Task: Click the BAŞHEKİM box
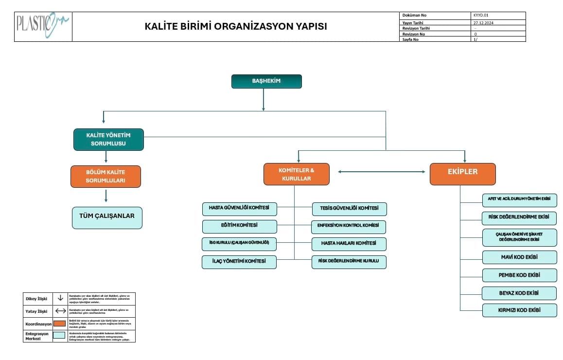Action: coord(266,81)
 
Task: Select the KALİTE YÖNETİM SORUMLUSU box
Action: coord(108,139)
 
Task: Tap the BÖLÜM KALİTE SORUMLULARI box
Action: coord(106,176)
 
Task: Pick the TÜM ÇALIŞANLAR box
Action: coord(107,217)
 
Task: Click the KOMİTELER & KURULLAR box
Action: coord(296,174)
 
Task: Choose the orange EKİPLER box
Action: coord(462,174)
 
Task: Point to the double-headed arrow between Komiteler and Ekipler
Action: coord(382,172)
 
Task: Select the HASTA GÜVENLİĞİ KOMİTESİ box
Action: coord(239,209)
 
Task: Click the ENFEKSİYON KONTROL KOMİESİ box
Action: coord(349,227)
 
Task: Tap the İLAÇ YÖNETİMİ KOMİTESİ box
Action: coord(239,262)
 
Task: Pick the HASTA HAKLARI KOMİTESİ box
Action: coord(349,244)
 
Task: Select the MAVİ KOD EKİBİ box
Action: coord(519,257)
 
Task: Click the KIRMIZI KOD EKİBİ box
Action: coord(519,310)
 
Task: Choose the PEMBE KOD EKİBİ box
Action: coord(519,275)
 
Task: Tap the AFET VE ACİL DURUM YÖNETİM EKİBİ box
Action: coord(519,200)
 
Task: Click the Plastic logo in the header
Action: coord(43,26)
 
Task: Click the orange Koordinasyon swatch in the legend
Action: coord(60,324)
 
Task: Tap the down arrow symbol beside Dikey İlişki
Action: coord(60,298)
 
